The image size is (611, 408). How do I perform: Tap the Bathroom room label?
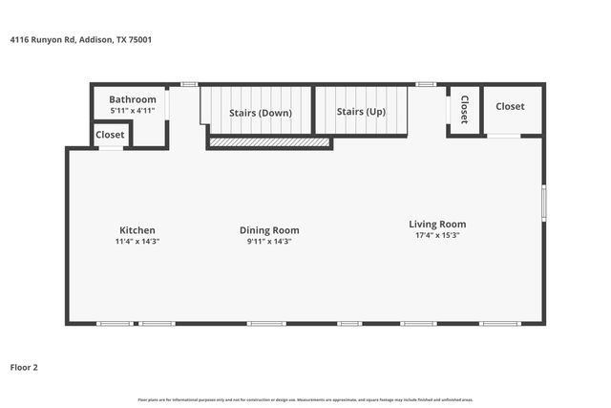132,99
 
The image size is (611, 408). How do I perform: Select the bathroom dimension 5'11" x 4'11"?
132,111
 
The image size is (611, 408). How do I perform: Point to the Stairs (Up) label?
362,112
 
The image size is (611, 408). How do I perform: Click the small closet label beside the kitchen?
110,135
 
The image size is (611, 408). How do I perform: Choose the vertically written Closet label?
464,110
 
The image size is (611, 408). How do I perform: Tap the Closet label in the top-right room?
510,106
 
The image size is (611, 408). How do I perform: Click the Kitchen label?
137,230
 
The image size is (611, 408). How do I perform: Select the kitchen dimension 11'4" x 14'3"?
137,242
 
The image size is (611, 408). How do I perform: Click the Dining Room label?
269,230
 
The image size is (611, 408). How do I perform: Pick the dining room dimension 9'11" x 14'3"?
269,242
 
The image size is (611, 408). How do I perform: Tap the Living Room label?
437,225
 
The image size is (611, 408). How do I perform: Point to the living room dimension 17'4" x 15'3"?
437,236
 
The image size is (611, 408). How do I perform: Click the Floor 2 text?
24,366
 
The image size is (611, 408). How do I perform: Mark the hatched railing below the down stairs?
269,143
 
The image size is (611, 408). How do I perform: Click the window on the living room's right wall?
544,202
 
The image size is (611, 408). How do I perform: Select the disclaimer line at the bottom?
305,399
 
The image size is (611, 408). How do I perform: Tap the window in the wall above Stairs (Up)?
426,84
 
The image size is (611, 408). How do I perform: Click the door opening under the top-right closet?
503,137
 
